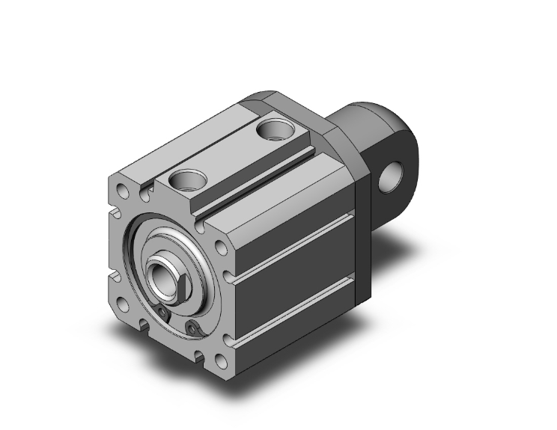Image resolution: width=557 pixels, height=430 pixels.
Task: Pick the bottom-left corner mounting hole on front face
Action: [x=122, y=305]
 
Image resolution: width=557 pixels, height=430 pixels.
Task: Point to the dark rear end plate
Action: [x=359, y=224]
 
